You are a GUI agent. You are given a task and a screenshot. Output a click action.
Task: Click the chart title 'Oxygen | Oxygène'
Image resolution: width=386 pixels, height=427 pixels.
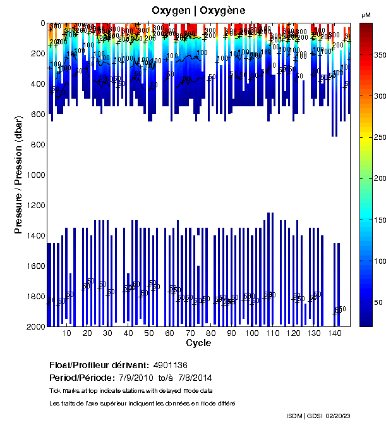(198, 11)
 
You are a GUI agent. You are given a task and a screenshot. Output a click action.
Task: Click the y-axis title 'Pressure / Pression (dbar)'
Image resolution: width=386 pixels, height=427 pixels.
(18, 174)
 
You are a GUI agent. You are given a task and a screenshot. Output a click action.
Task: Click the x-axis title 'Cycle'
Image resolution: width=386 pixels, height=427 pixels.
(198, 343)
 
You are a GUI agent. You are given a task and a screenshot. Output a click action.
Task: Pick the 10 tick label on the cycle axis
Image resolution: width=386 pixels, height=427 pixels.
(67, 333)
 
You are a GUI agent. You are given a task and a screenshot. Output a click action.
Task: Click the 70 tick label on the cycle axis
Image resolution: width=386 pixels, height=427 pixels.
(190, 333)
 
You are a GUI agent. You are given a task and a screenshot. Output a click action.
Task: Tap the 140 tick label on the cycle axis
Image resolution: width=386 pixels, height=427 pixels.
(335, 333)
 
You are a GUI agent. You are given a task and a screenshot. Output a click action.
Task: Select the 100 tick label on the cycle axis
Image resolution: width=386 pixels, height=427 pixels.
(252, 333)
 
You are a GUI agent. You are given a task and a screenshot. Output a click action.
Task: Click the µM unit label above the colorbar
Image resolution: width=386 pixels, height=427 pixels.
(366, 15)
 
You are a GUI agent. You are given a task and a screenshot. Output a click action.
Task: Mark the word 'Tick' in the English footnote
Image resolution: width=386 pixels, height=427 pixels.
(55, 390)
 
